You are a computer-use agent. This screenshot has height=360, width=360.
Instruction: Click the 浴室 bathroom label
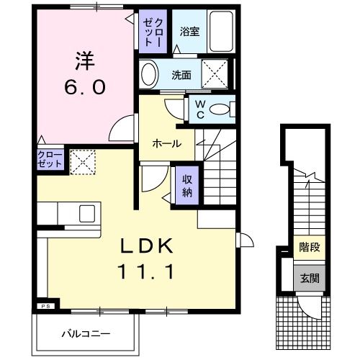[x=189, y=32]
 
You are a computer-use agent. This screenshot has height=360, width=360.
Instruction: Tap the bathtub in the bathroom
[x=221, y=32]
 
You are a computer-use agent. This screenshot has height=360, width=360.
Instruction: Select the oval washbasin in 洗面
[x=149, y=74]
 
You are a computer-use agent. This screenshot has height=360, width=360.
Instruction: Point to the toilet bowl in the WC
[x=219, y=109]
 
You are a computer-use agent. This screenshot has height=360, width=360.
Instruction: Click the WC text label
[x=200, y=109]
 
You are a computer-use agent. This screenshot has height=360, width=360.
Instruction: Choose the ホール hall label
[x=167, y=144]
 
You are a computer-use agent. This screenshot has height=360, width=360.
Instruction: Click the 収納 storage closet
[x=187, y=185]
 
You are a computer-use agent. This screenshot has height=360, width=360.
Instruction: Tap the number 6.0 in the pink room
[x=85, y=87]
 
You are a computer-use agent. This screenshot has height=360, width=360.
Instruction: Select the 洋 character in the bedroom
[x=85, y=61]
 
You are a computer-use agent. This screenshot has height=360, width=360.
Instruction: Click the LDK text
[x=147, y=246]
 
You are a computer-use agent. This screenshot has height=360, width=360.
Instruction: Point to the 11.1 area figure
[x=145, y=271]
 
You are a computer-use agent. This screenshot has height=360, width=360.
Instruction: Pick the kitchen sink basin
[x=87, y=214]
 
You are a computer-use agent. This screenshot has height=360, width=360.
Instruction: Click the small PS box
[x=46, y=306]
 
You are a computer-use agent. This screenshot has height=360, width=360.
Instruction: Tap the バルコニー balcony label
[x=86, y=334]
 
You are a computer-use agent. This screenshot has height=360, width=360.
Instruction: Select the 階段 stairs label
[x=310, y=248]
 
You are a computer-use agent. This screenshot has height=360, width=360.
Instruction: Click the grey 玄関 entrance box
[x=310, y=278]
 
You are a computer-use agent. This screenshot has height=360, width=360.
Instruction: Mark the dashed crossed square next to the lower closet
[x=83, y=162]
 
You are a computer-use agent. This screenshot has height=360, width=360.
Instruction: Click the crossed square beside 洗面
[x=215, y=73]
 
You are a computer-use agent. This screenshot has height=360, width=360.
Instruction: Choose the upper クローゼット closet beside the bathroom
[x=153, y=32]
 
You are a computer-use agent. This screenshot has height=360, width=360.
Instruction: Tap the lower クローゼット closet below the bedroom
[x=50, y=159]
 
